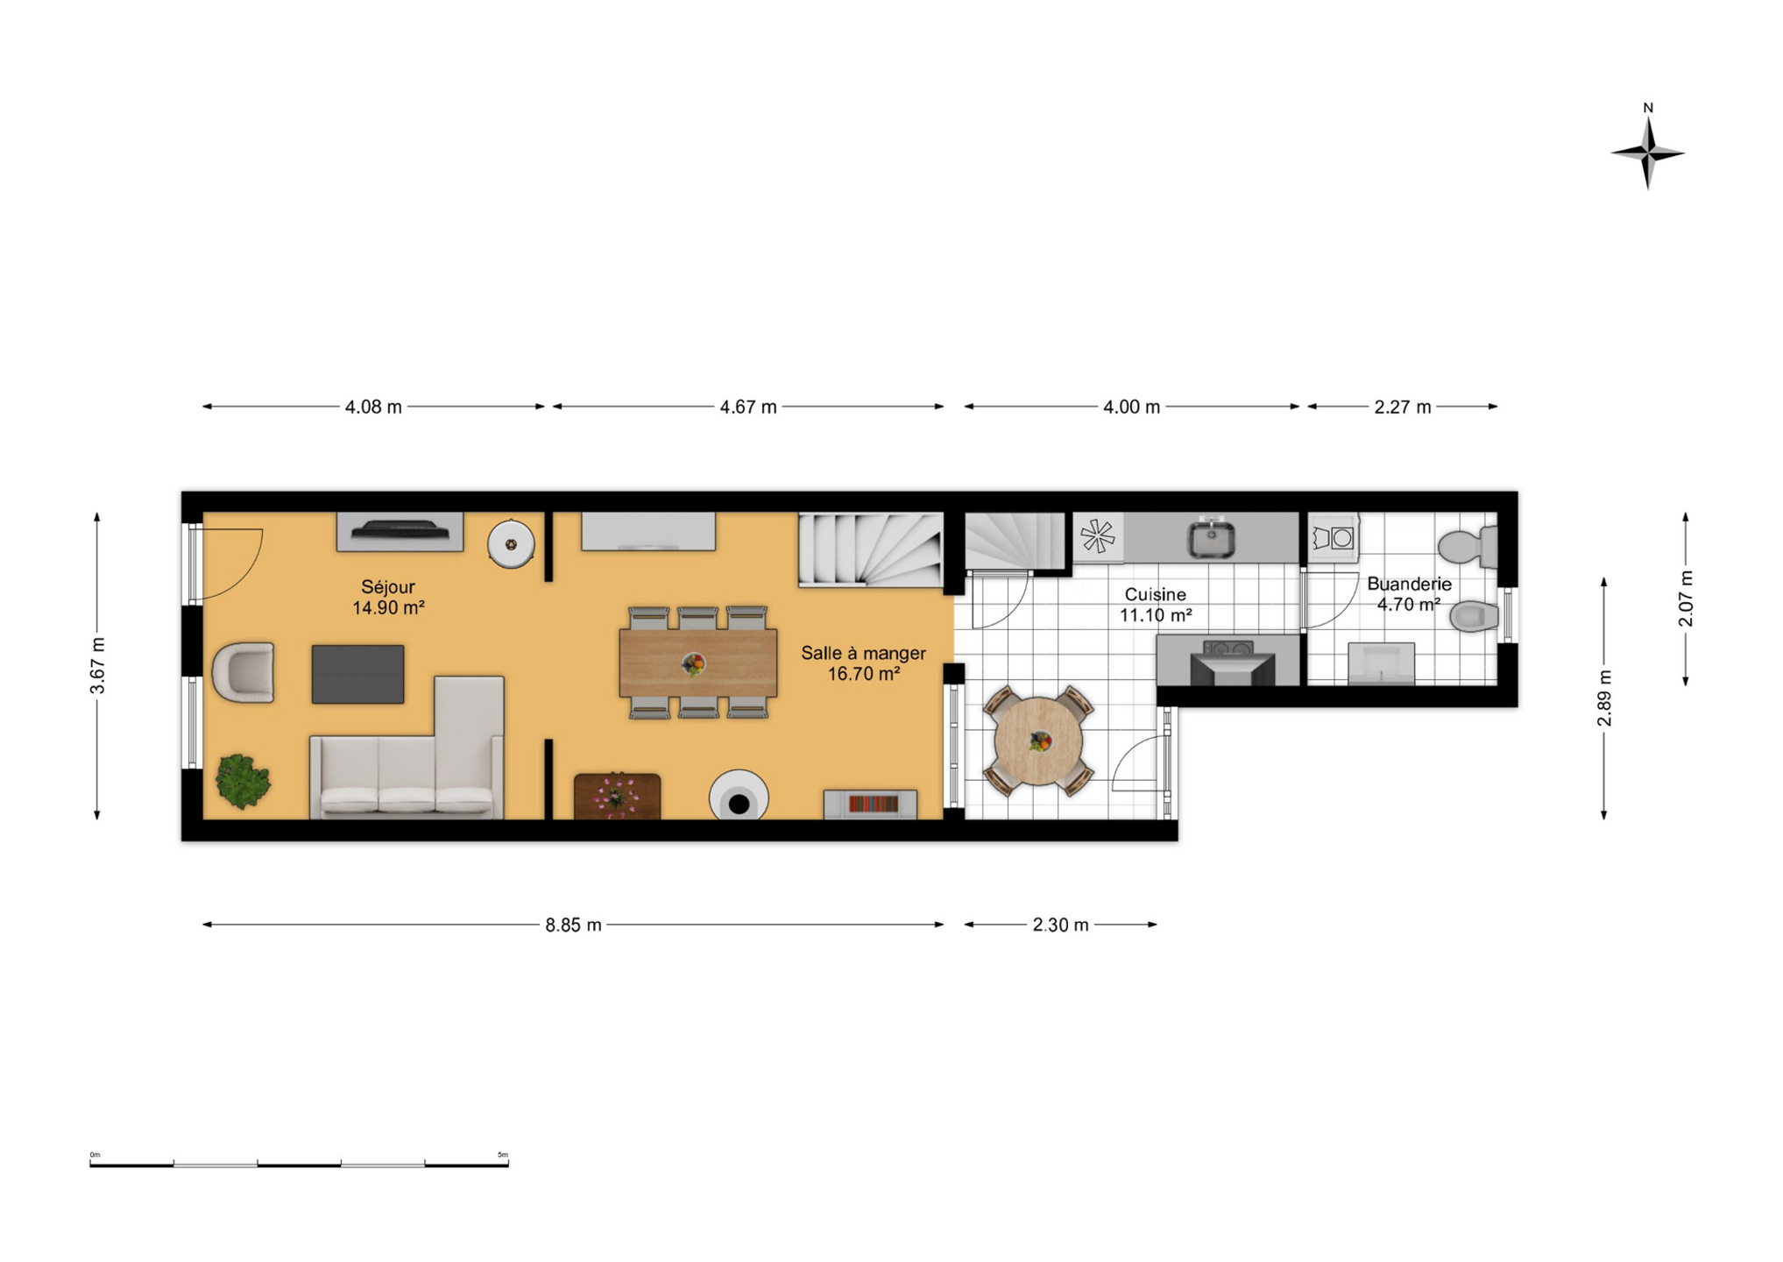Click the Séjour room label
pos(388,587)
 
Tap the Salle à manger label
pos(863,653)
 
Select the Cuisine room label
pos(1155,594)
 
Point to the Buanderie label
pos(1409,584)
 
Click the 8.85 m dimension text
pos(574,925)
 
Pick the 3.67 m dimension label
pos(97,666)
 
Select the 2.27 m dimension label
pos(1403,407)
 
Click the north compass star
pos(1647,152)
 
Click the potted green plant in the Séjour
pos(243,780)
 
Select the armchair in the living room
pos(244,672)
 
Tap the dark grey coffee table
pos(357,674)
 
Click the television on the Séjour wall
pos(400,530)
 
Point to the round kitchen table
pos(1038,741)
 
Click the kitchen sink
pos(1211,538)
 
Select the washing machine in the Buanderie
pos(1333,536)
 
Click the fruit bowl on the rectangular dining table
pos(693,664)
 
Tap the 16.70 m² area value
pos(864,674)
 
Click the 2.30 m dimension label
pos(1060,925)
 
